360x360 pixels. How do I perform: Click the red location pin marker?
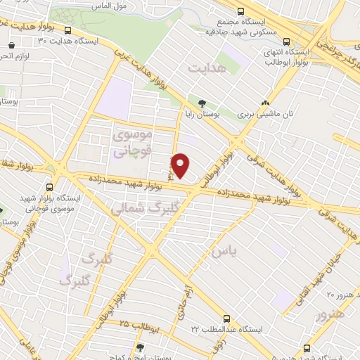click(x=181, y=165)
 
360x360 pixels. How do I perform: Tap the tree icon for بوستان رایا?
click(x=202, y=103)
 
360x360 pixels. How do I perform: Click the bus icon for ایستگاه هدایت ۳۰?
click(x=68, y=31)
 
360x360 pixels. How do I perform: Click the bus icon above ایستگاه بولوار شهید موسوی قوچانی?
click(x=50, y=188)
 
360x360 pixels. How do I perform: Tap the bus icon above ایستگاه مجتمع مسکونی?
click(x=241, y=11)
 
